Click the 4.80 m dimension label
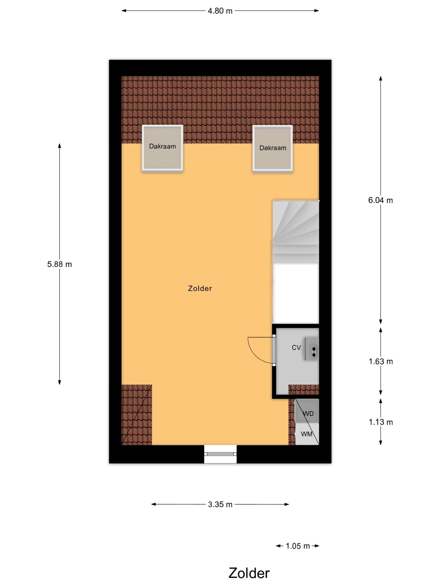220,11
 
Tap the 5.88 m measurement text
60,264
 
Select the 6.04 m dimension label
380,200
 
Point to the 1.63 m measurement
381,361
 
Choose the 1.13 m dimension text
381,422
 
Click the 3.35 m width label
220,505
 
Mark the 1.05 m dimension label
298,546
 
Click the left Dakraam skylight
163,148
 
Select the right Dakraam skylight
273,149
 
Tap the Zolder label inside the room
200,288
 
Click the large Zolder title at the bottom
249,573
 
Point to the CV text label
296,348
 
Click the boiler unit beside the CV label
312,349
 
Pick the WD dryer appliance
307,411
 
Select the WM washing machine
307,434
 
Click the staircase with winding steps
296,232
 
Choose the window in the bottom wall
220,454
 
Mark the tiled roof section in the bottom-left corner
137,415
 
